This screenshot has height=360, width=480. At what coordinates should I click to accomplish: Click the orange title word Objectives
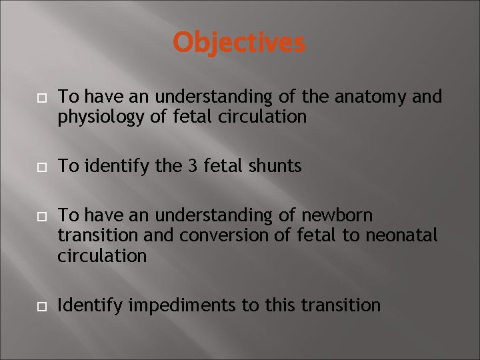(x=239, y=43)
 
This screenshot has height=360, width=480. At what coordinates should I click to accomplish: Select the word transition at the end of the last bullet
(x=341, y=305)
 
